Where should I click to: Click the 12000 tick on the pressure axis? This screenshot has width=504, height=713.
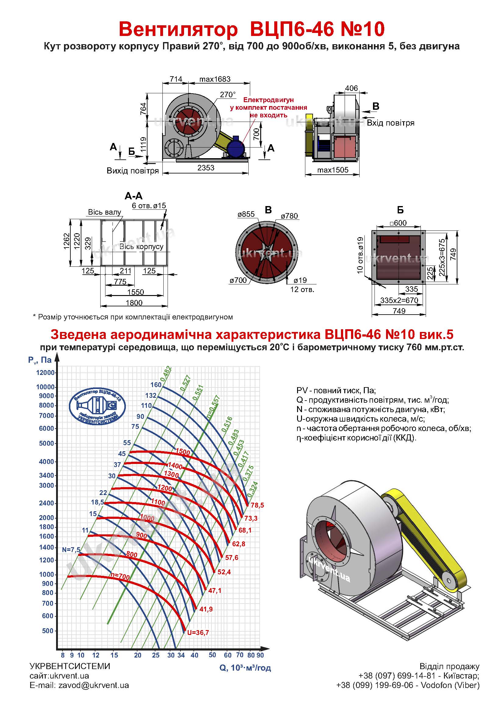point(45,373)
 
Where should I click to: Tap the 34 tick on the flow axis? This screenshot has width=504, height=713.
point(181,655)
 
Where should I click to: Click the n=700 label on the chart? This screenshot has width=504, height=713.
point(120,577)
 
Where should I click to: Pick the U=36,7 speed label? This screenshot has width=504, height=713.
point(198,633)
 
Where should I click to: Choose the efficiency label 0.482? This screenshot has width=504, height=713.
point(166,374)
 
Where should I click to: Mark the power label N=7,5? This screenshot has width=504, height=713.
point(71,550)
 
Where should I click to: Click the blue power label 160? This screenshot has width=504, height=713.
point(156,385)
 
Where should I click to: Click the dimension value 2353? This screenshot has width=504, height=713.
point(206,168)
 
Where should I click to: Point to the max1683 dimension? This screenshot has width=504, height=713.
point(215,79)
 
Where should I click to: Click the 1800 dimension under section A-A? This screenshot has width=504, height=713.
point(134,303)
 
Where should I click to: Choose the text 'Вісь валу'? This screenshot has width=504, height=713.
point(105,212)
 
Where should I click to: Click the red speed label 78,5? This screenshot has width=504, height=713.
point(257,505)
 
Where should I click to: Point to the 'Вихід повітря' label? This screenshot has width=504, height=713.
point(133,171)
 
